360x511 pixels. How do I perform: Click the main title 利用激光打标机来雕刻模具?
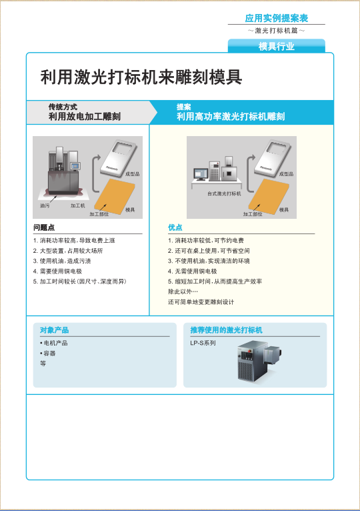click(141, 77)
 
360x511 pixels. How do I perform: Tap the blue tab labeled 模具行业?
click(276, 46)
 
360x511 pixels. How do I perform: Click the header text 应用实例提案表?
click(276, 18)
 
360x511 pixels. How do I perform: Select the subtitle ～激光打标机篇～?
click(276, 31)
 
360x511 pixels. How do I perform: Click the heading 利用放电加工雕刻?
click(85, 117)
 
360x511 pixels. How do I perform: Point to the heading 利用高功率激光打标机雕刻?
click(231, 117)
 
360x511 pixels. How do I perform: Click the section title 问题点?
click(44, 227)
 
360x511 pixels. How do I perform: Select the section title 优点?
click(175, 227)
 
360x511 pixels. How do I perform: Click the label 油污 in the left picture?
click(45, 205)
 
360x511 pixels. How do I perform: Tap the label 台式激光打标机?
click(223, 193)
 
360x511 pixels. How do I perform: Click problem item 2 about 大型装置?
click(68, 251)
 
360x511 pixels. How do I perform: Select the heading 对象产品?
click(54, 330)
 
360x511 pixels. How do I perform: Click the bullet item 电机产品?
click(55, 343)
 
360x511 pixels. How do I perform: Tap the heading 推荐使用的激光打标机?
click(226, 330)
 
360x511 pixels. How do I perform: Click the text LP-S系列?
click(203, 343)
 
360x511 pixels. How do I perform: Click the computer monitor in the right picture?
click(201, 173)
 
